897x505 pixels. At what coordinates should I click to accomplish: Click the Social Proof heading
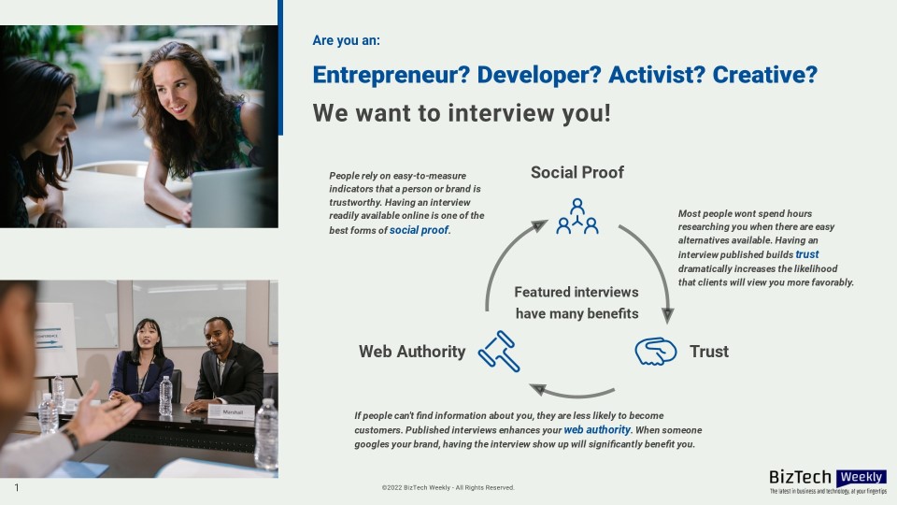[577, 172]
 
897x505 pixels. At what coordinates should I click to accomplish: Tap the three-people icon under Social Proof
[577, 216]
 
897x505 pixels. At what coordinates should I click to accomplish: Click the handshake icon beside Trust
[656, 351]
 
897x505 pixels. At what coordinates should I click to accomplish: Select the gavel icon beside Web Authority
[499, 351]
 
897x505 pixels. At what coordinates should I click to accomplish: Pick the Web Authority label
[412, 352]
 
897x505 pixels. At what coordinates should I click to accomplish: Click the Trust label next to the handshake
[709, 352]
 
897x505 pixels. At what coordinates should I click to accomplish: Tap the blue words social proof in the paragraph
[419, 230]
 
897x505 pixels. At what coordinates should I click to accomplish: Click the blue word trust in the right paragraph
[806, 254]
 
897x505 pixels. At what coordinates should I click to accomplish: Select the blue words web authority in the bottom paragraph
[597, 429]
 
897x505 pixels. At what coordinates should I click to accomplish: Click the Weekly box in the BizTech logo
[861, 477]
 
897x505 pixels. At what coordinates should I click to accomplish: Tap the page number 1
[17, 488]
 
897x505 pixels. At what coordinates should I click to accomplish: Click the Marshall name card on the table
[233, 412]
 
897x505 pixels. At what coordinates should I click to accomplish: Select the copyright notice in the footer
[448, 488]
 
